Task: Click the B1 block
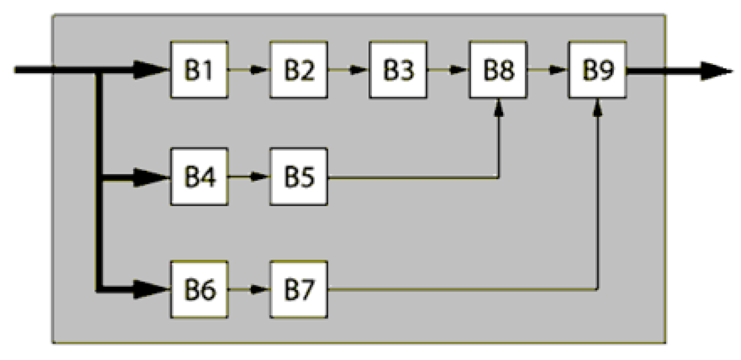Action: (199, 70)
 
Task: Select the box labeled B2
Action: (299, 70)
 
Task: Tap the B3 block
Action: (398, 70)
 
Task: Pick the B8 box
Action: (497, 70)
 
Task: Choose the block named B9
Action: (597, 70)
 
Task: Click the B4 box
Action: (199, 177)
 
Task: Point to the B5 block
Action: (299, 177)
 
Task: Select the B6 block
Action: (199, 289)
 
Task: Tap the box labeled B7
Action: (299, 289)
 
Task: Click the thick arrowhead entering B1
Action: (149, 70)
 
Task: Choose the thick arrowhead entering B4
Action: (149, 178)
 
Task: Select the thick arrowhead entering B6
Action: (149, 289)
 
